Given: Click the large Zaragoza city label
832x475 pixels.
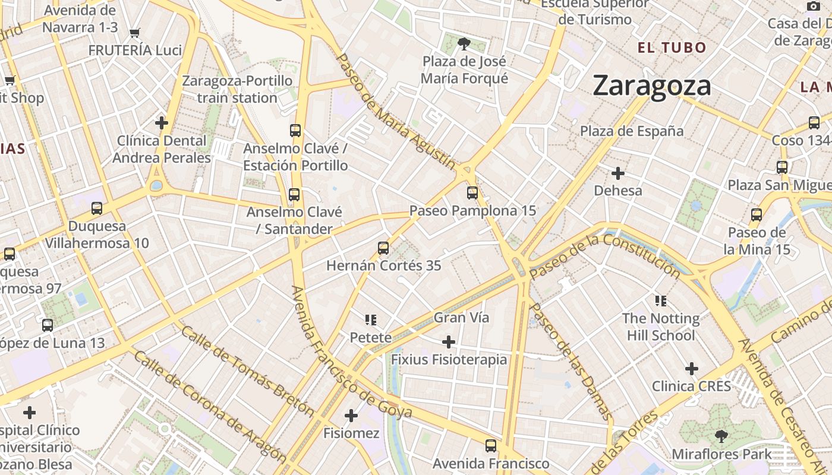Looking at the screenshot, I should [652, 85].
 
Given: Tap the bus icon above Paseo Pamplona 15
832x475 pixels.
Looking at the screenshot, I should [472, 193].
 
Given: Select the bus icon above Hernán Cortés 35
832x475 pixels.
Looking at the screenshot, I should [383, 248].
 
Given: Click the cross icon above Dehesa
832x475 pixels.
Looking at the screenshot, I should [618, 173].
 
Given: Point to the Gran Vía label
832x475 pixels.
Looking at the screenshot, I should [462, 318].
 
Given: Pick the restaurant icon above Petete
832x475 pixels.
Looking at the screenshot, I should [371, 321].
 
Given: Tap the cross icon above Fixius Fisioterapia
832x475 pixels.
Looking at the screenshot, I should [449, 342].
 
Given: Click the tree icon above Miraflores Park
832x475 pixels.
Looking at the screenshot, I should [721, 436].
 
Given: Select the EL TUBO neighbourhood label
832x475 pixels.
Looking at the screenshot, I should [672, 48].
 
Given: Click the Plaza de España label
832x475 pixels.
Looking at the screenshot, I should [632, 131].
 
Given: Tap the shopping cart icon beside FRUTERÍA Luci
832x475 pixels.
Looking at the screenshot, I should [135, 33].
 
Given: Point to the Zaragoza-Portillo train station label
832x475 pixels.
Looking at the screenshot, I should [237, 89].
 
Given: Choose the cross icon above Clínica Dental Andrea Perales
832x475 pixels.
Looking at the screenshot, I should [161, 123].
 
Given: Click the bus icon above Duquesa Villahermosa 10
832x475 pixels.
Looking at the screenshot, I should [97, 208].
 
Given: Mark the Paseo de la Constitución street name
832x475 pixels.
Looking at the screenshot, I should [604, 256].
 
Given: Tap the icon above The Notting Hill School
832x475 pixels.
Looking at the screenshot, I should [660, 301].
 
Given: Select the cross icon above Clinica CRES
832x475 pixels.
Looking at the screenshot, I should [691, 369].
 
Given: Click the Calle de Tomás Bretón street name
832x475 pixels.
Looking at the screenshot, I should [247, 371].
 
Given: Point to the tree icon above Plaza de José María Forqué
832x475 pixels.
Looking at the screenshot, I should [464, 43].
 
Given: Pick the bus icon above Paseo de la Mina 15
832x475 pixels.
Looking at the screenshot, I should [757, 214].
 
